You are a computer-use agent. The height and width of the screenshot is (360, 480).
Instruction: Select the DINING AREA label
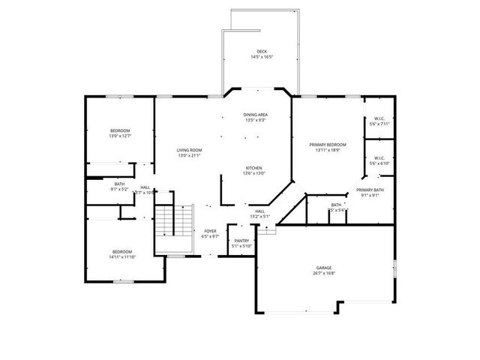(256, 115)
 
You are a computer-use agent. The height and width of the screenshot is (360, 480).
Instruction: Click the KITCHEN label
(253, 168)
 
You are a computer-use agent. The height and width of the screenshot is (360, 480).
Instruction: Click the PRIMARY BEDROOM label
(328, 144)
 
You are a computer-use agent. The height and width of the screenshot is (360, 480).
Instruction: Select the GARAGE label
(325, 268)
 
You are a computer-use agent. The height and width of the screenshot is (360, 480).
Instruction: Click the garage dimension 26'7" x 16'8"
(325, 274)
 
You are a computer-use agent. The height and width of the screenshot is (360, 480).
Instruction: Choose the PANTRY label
(241, 240)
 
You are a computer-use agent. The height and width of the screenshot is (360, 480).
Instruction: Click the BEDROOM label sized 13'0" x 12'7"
(120, 130)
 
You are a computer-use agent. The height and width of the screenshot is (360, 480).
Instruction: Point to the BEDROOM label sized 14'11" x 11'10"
(122, 251)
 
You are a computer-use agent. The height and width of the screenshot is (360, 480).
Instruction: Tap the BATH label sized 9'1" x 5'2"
(120, 184)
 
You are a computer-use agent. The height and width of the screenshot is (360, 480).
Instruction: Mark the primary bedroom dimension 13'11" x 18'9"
(328, 150)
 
